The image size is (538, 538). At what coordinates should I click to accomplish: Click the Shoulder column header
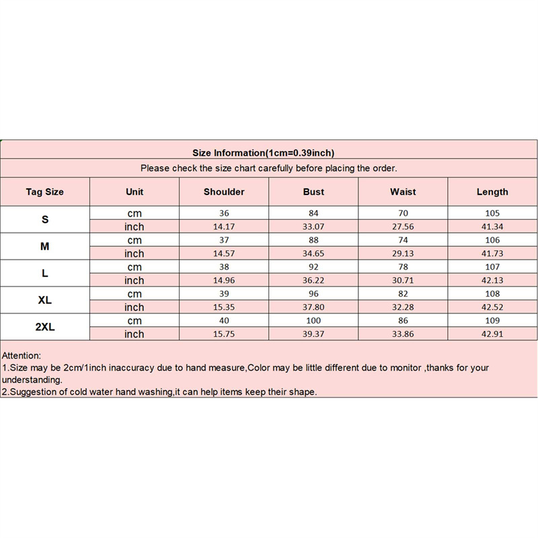point(224,192)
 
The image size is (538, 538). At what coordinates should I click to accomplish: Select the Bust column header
point(313,192)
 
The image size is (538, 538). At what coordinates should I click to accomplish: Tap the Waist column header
point(403,192)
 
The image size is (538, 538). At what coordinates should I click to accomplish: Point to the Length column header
point(492,192)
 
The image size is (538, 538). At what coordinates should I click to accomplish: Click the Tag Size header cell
point(45,192)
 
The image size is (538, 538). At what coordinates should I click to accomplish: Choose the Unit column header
point(134,192)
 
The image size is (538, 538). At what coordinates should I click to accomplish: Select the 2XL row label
point(45,328)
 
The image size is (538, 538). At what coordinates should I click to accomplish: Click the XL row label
point(45,301)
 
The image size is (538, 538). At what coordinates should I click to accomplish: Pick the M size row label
point(45,247)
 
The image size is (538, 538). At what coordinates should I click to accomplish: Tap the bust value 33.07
point(313,227)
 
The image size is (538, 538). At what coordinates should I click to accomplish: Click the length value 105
point(492,213)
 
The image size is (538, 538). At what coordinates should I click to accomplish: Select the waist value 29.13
point(403,254)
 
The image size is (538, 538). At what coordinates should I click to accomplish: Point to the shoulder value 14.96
point(224,280)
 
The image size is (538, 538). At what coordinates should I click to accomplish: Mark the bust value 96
point(313,294)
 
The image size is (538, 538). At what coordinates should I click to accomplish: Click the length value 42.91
point(492,334)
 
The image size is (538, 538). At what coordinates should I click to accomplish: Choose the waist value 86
point(403,321)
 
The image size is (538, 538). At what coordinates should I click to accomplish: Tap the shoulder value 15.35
point(224,307)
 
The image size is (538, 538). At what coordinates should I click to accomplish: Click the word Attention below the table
point(22,355)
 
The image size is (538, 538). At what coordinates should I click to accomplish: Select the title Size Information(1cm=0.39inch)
point(263,153)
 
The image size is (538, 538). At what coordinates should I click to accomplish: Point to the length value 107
point(492,267)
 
